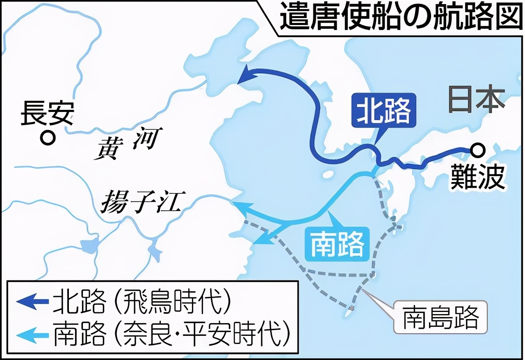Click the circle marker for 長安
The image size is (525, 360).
[48, 138]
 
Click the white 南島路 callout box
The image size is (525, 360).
[441, 317]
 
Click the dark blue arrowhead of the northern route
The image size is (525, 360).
[246, 76]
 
